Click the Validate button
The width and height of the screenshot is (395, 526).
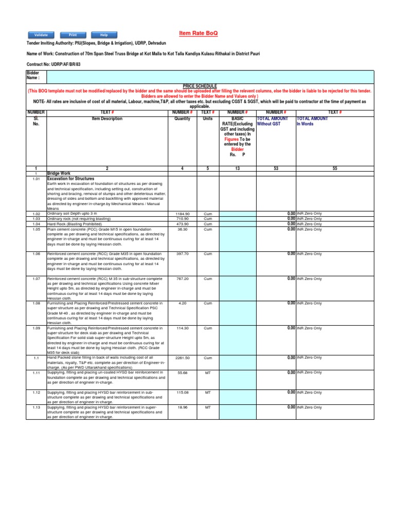pyautogui.click(x=41, y=35)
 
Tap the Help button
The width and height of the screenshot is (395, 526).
pyautogui.click(x=104, y=35)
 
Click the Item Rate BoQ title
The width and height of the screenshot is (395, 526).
pyautogui.click(x=198, y=33)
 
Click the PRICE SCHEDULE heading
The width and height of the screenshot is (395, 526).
pyautogui.click(x=200, y=86)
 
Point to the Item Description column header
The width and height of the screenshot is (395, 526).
pyautogui.click(x=107, y=119)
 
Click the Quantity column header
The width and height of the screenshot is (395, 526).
pyautogui.click(x=183, y=119)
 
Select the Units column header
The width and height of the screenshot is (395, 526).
pyautogui.click(x=207, y=119)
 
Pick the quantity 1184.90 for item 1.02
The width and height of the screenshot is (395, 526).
pyautogui.click(x=183, y=214)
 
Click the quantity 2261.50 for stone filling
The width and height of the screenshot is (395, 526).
pyautogui.click(x=183, y=358)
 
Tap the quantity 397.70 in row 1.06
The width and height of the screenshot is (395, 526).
pyautogui.click(x=183, y=254)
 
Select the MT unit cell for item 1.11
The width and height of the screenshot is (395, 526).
pyautogui.click(x=208, y=373)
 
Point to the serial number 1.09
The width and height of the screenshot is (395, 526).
pyautogui.click(x=36, y=328)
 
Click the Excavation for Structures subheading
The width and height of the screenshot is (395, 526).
pyautogui.click(x=70, y=178)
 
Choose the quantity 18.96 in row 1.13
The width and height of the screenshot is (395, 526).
pyautogui.click(x=183, y=407)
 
